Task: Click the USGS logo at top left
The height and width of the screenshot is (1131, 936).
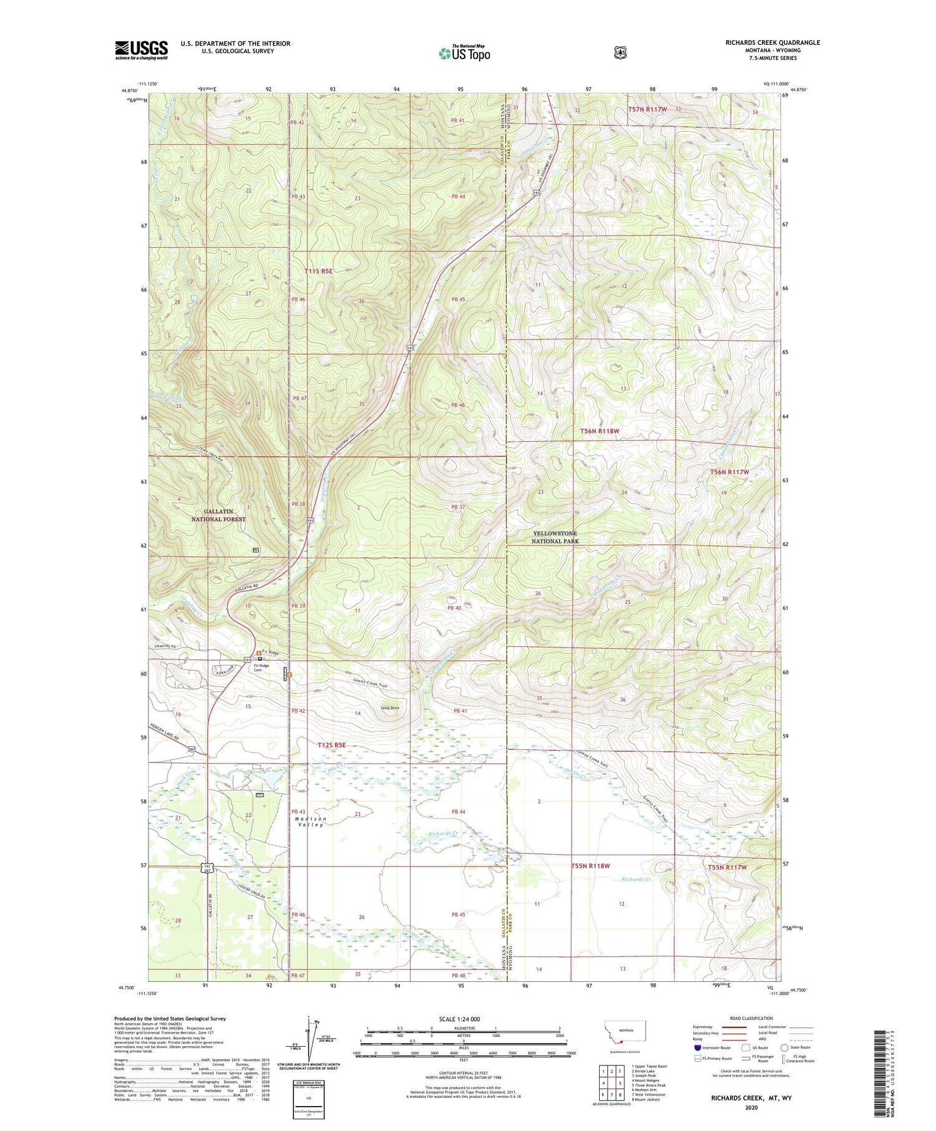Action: [x=141, y=50]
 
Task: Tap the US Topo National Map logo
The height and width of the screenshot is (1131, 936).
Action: [x=464, y=52]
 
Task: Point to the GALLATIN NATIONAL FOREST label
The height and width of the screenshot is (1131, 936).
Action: [x=218, y=515]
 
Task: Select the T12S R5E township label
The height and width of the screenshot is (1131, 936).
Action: [x=331, y=745]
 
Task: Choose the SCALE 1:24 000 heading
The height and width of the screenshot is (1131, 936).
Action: [x=459, y=1019]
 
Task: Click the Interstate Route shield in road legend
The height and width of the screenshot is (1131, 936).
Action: [x=697, y=1048]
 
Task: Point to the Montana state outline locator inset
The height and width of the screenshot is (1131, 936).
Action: [x=625, y=1032]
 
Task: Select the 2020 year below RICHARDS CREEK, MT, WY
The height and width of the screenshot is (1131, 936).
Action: [x=751, y=1108]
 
